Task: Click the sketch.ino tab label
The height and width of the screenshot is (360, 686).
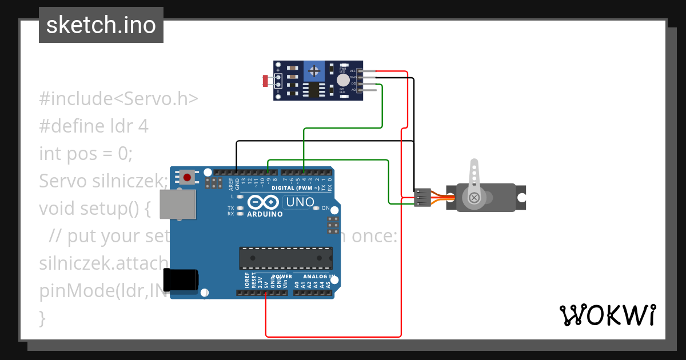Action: (101, 25)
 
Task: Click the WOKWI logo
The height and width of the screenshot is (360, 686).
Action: (607, 315)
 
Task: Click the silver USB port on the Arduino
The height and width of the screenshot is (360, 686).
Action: (177, 205)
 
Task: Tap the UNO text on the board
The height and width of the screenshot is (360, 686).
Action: (300, 202)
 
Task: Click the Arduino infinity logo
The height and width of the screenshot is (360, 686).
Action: (264, 202)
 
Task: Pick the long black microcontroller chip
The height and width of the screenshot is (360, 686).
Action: (286, 258)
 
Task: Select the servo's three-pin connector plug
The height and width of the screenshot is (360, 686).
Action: (422, 198)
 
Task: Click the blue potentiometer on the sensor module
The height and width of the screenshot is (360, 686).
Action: (313, 71)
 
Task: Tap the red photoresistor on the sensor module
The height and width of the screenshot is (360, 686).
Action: (266, 81)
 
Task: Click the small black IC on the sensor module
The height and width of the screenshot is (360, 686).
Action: (314, 90)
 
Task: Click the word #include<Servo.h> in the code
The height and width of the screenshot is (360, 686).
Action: (119, 98)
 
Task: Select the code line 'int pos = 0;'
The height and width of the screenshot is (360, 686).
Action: (86, 153)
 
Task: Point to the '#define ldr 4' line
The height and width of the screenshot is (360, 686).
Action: (94, 126)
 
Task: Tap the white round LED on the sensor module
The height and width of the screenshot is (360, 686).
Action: (342, 80)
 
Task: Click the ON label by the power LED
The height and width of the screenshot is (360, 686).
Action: (326, 208)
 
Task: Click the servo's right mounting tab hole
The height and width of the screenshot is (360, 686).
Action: (521, 197)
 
